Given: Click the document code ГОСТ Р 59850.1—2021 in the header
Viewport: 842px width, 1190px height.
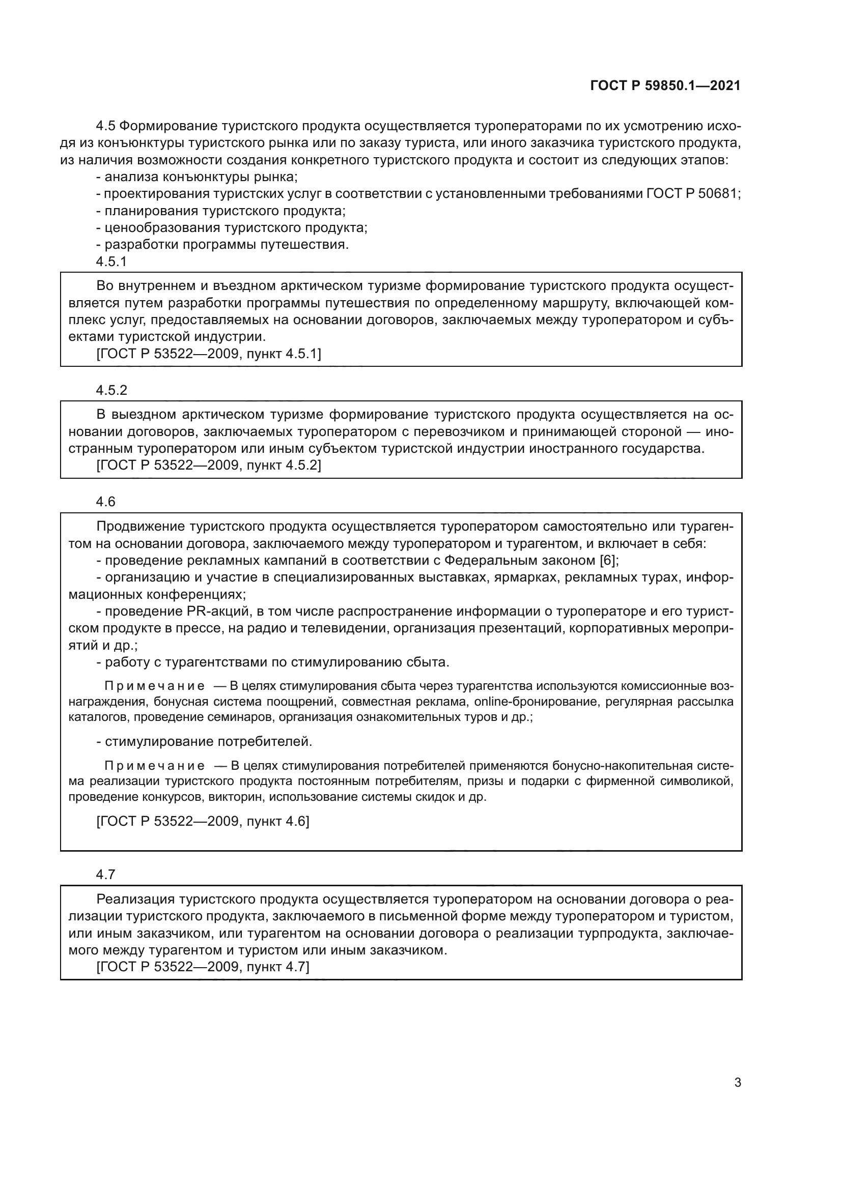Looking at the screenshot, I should pyautogui.click(x=665, y=85).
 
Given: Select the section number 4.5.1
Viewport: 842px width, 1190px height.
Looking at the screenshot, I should pyautogui.click(x=111, y=262).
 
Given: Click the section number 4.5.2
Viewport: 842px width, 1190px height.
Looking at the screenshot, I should pyautogui.click(x=111, y=390).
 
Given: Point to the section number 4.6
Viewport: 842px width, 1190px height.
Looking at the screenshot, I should pyautogui.click(x=106, y=502).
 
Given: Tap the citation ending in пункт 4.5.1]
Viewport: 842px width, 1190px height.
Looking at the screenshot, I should pyautogui.click(x=208, y=354).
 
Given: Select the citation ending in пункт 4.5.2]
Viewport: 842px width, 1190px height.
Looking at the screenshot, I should pyautogui.click(x=208, y=466).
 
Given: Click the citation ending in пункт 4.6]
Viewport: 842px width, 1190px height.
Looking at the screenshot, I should pyautogui.click(x=203, y=822).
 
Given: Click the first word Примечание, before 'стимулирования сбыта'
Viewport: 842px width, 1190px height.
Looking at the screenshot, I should pyautogui.click(x=155, y=686).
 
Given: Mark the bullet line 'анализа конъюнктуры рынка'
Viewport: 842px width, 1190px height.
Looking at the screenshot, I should pyautogui.click(x=197, y=177).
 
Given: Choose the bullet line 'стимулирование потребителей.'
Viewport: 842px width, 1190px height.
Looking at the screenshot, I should pyautogui.click(x=204, y=742).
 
